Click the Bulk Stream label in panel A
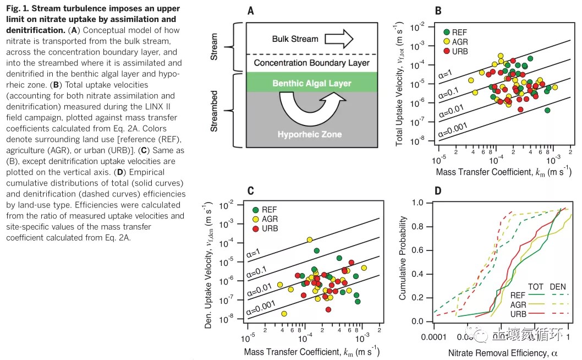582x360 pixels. [295, 39]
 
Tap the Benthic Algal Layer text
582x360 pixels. [311, 84]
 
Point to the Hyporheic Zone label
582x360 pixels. [310, 134]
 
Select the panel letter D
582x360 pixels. [438, 191]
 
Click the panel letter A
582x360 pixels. [251, 10]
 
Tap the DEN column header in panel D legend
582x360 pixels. [558, 286]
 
